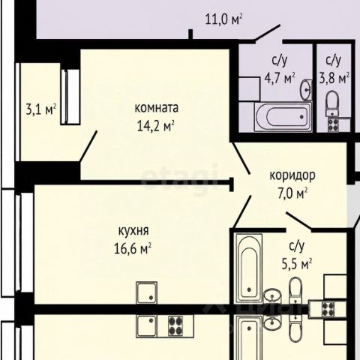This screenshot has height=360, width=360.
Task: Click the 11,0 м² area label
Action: click(x=223, y=19)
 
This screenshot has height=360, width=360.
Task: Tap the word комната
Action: click(x=157, y=108)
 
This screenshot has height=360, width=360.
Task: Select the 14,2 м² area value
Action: click(x=155, y=125)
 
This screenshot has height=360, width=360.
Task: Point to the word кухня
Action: click(x=133, y=231)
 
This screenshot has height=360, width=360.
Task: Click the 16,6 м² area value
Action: click(x=133, y=248)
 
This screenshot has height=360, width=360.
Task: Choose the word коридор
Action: click(x=292, y=175)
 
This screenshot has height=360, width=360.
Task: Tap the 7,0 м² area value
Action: click(x=292, y=193)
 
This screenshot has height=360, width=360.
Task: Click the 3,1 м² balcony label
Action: click(x=40, y=109)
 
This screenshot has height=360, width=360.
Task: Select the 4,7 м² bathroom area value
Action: click(x=280, y=78)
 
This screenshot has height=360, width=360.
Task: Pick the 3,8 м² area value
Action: click(x=334, y=78)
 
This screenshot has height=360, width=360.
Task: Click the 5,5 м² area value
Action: click(x=297, y=264)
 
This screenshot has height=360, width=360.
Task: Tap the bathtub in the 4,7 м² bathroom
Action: click(x=283, y=117)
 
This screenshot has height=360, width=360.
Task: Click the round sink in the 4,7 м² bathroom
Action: click(x=305, y=89)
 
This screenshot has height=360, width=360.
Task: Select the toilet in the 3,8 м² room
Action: click(x=332, y=104)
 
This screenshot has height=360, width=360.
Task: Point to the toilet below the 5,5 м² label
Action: click(x=295, y=290)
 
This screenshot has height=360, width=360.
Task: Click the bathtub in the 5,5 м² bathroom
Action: click(x=249, y=268)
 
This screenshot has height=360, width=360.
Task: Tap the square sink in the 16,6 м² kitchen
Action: click(x=147, y=292)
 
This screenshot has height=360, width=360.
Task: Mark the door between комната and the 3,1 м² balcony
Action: click(x=88, y=146)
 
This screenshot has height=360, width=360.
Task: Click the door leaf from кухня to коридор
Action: click(x=242, y=212)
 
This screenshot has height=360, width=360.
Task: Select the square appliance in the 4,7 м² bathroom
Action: click(x=249, y=89)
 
